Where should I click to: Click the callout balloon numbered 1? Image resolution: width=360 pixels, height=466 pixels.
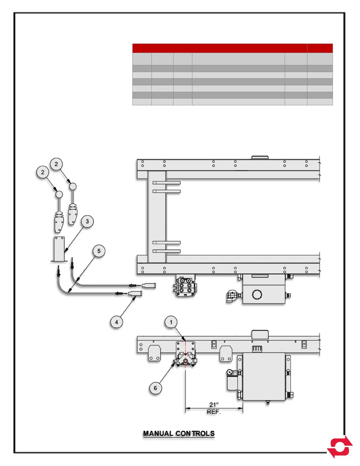[x=171, y=322]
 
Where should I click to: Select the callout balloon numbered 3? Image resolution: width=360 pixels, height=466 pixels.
[x=87, y=222]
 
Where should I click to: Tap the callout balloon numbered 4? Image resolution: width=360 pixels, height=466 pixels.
[x=116, y=322]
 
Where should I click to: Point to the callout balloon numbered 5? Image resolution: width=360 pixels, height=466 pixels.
[x=99, y=251]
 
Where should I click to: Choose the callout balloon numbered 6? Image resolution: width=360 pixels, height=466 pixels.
[x=155, y=388]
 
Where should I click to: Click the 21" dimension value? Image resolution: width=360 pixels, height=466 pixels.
[x=214, y=405]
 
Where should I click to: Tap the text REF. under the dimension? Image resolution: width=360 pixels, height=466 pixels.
[x=214, y=412]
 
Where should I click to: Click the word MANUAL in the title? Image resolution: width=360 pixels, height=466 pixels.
[x=158, y=434]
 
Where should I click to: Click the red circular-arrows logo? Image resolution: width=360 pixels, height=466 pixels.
[x=340, y=447]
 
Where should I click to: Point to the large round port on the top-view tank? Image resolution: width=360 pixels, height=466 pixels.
[x=257, y=294]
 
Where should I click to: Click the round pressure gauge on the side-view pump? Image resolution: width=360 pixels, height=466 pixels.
[x=230, y=373]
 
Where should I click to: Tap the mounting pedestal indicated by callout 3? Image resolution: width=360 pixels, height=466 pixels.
[x=59, y=249]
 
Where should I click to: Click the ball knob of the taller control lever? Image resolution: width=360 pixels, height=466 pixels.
[x=73, y=187]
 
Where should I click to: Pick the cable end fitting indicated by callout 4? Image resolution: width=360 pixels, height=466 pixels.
[x=135, y=293]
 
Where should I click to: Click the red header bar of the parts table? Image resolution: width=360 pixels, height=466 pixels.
[x=232, y=48]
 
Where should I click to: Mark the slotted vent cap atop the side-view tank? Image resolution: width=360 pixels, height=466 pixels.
[x=257, y=349]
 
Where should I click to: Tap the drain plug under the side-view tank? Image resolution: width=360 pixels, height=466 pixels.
[x=268, y=403]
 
